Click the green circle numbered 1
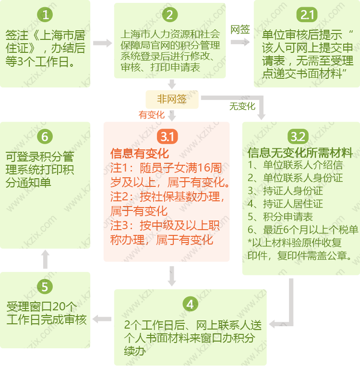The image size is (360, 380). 45,15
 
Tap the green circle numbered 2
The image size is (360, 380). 169,15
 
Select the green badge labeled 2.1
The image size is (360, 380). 307,15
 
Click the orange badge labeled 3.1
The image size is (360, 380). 167,136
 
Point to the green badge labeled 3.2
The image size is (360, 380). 298,136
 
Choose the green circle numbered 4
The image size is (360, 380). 190,304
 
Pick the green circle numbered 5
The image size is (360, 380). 45,287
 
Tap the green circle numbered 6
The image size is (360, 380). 45,136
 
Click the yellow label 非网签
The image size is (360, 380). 172,99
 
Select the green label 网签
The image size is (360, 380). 240,30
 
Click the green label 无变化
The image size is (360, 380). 242,106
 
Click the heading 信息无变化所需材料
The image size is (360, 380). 300,153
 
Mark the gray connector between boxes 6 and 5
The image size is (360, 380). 45,260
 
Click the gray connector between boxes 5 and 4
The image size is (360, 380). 102,319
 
